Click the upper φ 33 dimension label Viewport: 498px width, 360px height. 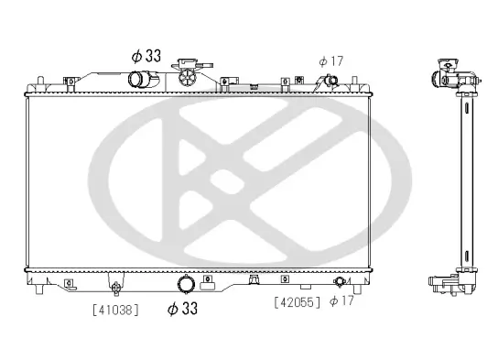[x=146, y=56]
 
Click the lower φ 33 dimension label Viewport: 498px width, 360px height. [x=183, y=309]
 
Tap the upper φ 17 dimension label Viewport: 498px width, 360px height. [x=330, y=60]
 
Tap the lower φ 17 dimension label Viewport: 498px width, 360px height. [x=341, y=300]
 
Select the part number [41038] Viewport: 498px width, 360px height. [x=115, y=309]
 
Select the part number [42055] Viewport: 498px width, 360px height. [x=298, y=300]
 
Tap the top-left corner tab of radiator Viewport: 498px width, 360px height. [x=28, y=90]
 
